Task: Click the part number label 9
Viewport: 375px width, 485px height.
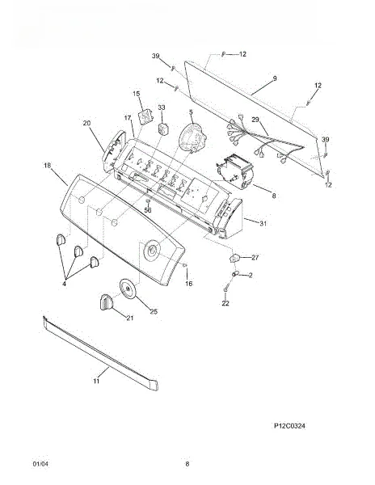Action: coord(275,78)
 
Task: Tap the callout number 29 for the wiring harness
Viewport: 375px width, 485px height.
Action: coord(255,120)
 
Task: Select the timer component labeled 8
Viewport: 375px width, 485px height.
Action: coord(237,172)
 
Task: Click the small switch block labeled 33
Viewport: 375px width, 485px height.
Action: coord(163,129)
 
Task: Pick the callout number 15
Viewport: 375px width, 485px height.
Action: coord(137,94)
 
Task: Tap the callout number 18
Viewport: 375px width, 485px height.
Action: coord(47,166)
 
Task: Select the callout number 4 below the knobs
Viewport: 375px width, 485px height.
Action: coord(65,284)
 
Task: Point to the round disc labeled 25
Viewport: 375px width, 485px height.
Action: coord(128,289)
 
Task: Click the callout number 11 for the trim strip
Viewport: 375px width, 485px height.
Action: coord(96,381)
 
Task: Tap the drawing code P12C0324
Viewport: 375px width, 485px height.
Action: coord(289,426)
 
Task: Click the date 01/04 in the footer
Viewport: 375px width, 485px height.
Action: coord(40,464)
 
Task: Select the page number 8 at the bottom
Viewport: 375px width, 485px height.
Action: coord(187,464)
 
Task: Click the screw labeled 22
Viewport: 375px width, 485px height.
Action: coord(225,289)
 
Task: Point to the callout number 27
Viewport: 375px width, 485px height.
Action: coord(255,257)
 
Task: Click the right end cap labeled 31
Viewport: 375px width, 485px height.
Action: coord(230,218)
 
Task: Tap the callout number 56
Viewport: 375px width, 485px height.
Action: coord(148,210)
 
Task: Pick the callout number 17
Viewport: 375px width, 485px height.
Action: coord(129,118)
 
